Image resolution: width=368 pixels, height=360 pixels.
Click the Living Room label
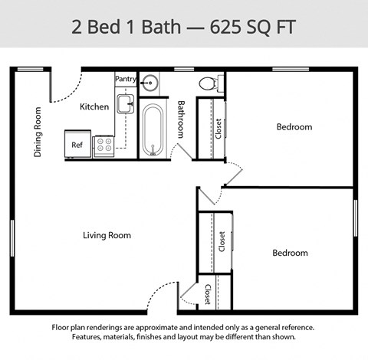(x=107, y=235)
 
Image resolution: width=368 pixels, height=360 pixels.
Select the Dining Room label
(x=38, y=132)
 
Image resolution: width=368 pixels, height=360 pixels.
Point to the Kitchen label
(x=94, y=106)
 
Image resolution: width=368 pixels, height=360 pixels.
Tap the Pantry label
(x=125, y=79)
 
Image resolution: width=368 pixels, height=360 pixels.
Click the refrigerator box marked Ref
(x=77, y=144)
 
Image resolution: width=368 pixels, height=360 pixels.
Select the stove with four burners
(x=103, y=146)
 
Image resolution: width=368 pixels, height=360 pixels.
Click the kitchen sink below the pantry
(x=125, y=103)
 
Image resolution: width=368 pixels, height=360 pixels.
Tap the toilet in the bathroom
(x=207, y=83)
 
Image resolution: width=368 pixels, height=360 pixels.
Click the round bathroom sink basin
(x=149, y=82)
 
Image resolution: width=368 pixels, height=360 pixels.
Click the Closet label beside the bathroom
(x=219, y=128)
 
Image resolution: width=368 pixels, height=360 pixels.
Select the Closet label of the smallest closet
(x=208, y=294)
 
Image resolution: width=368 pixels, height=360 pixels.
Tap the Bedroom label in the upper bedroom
(x=294, y=127)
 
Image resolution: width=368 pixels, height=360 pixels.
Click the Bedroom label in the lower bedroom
(x=290, y=253)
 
